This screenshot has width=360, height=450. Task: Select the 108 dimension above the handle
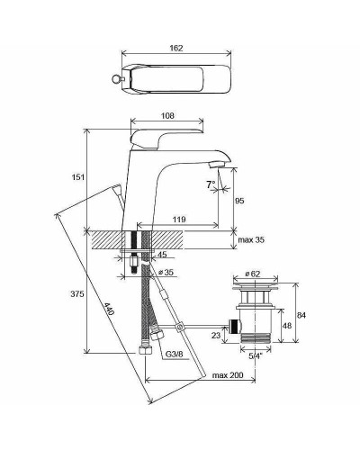point(167,115)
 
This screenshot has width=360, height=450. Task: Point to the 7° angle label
point(211,184)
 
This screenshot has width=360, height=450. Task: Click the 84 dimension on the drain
point(302,314)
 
